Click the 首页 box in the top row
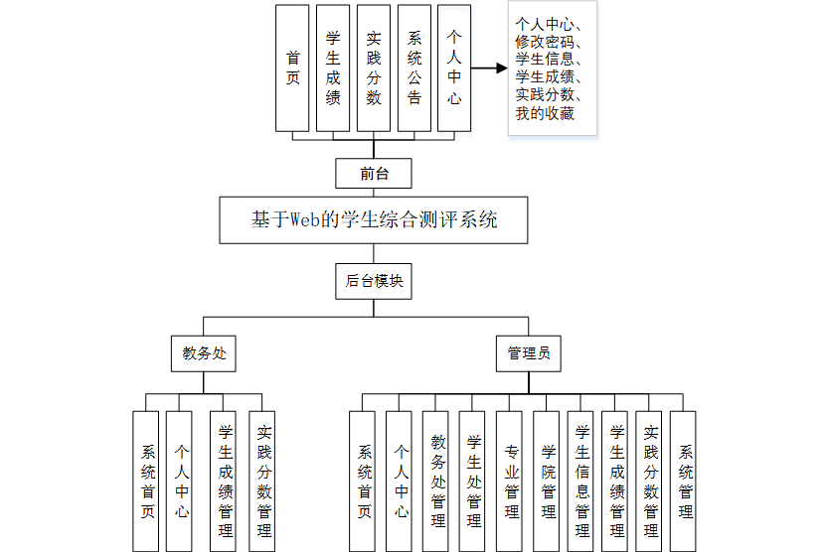pos(292,68)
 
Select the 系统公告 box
pos(414,68)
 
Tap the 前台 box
pos(374,174)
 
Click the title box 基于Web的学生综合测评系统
pos(374,219)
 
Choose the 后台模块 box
pos(374,281)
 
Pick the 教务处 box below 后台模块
pos(204,352)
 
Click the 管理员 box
pos(528,352)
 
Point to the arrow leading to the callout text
pos(488,69)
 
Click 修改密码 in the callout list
pos(549,43)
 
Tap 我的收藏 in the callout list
pos(545,114)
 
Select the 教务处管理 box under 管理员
pos(438,481)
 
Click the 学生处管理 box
pos(474,481)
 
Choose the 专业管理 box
pos(511,481)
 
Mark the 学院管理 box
pos(548,481)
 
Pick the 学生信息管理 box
pos(582,481)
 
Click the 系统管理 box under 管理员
pos(684,481)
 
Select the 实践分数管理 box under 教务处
pos(262,481)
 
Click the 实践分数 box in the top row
pos(374,68)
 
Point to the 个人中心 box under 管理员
pos(401,481)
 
